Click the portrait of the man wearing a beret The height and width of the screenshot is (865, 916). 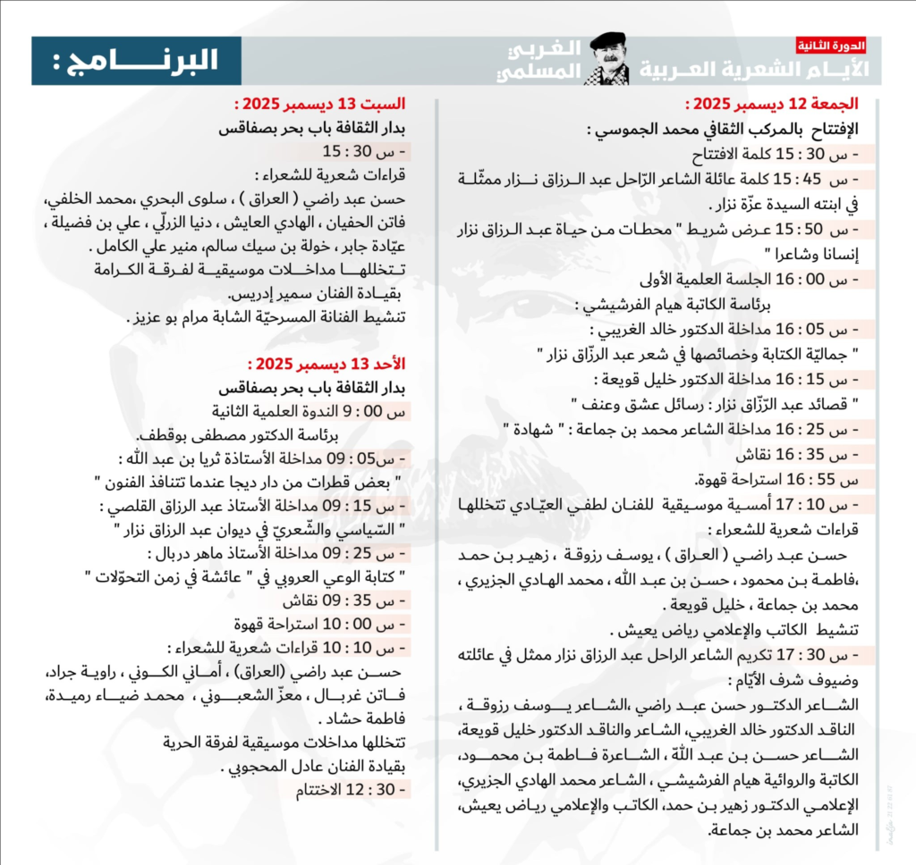(609, 59)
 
